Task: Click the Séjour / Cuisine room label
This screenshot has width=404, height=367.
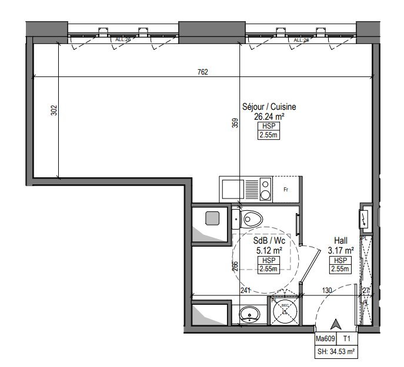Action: coord(269,107)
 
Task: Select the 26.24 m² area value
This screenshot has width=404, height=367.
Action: coord(269,116)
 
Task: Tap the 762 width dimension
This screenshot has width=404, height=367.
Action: coord(202,72)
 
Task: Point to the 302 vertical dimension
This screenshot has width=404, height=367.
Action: coord(54,110)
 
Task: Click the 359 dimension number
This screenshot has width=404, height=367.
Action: coord(235,123)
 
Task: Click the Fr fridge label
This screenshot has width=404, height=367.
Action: coord(286,190)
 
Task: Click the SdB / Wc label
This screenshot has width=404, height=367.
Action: coord(269,241)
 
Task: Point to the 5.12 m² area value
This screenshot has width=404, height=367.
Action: coord(269,250)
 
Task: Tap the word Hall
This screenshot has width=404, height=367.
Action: coord(340,241)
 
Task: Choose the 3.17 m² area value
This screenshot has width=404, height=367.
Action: coord(340,250)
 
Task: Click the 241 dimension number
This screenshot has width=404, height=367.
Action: coord(245,290)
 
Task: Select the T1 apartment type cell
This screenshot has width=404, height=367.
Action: coord(347,339)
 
